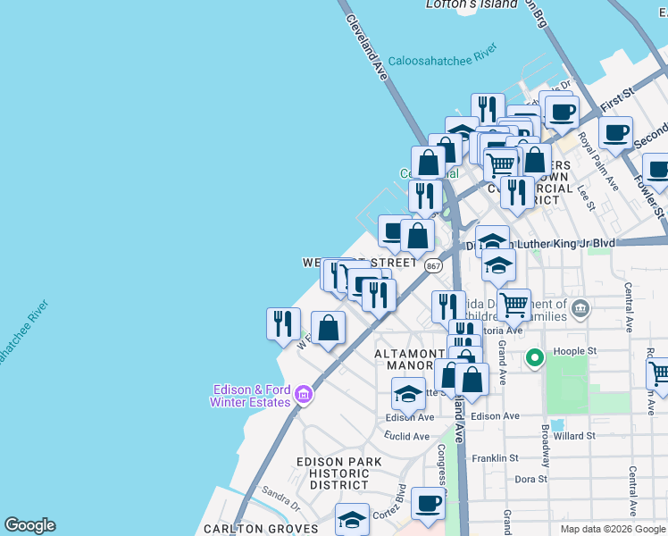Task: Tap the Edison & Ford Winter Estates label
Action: coord(253,396)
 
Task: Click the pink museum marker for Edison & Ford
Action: coord(304,394)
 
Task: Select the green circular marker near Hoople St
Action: coord(535,359)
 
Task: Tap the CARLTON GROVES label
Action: coord(269,529)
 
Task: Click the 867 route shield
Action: coord(433,266)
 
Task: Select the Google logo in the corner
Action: coord(29,525)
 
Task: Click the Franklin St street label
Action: coord(497,457)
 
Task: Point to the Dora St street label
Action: coord(530,479)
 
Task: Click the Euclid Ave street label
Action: coord(408,437)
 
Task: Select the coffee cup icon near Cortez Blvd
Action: coord(428,504)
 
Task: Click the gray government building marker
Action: coord(580,309)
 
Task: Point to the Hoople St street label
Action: coord(577,351)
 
